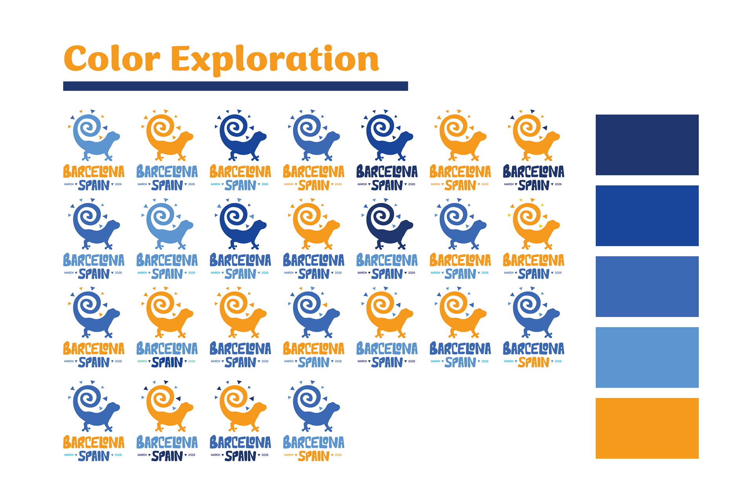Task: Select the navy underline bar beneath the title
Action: tap(235, 86)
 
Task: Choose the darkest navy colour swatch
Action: tap(647, 145)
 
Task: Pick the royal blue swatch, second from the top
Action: tap(647, 216)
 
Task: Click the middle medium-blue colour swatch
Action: tap(647, 287)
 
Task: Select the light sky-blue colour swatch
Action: tap(647, 357)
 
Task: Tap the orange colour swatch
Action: tap(647, 428)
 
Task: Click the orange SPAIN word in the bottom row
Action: tap(314, 456)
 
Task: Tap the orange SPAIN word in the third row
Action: tap(533, 362)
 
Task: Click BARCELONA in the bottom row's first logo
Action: tap(94, 442)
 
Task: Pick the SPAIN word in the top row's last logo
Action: tap(533, 185)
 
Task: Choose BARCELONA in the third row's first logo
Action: tap(94, 348)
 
